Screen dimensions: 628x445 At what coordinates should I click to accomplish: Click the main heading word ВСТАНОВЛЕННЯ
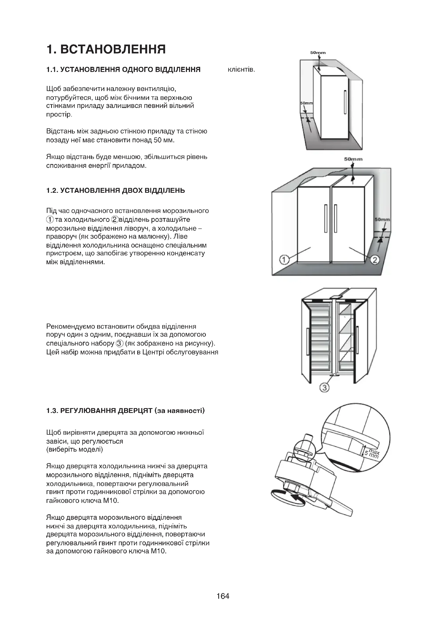tap(113, 49)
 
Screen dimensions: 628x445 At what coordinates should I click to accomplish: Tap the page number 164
tap(223, 603)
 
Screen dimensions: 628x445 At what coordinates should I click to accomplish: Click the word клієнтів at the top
tap(241, 70)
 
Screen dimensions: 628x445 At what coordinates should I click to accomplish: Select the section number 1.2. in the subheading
tap(52, 190)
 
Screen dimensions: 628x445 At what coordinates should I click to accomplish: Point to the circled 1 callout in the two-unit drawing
tap(284, 259)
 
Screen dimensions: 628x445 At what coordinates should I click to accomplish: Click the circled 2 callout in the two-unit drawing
tap(375, 259)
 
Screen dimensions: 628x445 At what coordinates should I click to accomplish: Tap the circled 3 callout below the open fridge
tap(324, 387)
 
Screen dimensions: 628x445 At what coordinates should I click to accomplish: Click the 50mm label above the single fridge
tap(318, 53)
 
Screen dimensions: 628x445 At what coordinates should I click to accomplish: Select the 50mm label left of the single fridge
tap(306, 103)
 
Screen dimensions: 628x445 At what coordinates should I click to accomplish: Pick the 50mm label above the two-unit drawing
tap(353, 159)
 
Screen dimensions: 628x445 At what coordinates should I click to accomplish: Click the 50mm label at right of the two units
tap(382, 219)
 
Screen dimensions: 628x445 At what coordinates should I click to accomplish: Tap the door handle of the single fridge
tap(345, 102)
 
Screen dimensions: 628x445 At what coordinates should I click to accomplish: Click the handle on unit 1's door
tap(326, 218)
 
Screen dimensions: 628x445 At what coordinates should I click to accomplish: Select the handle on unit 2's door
tap(336, 218)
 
